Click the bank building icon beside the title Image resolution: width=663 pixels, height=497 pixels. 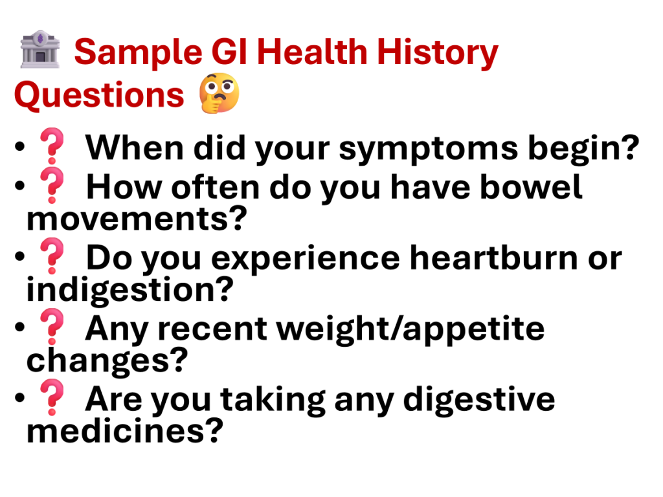40,49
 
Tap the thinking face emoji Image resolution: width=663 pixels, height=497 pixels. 219,93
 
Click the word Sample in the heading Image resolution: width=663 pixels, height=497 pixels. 139,53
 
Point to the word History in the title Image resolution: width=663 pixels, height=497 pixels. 438,53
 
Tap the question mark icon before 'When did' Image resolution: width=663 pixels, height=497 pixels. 52,146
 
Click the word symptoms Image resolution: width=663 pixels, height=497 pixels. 429,149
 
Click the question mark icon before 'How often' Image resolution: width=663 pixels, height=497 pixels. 52,185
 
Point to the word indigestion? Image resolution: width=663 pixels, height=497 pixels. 129,291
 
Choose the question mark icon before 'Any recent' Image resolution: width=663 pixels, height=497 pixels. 52,327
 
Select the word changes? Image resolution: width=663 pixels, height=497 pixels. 107,360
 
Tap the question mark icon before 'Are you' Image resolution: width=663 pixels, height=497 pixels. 52,398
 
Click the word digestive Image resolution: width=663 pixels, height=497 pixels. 479,399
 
